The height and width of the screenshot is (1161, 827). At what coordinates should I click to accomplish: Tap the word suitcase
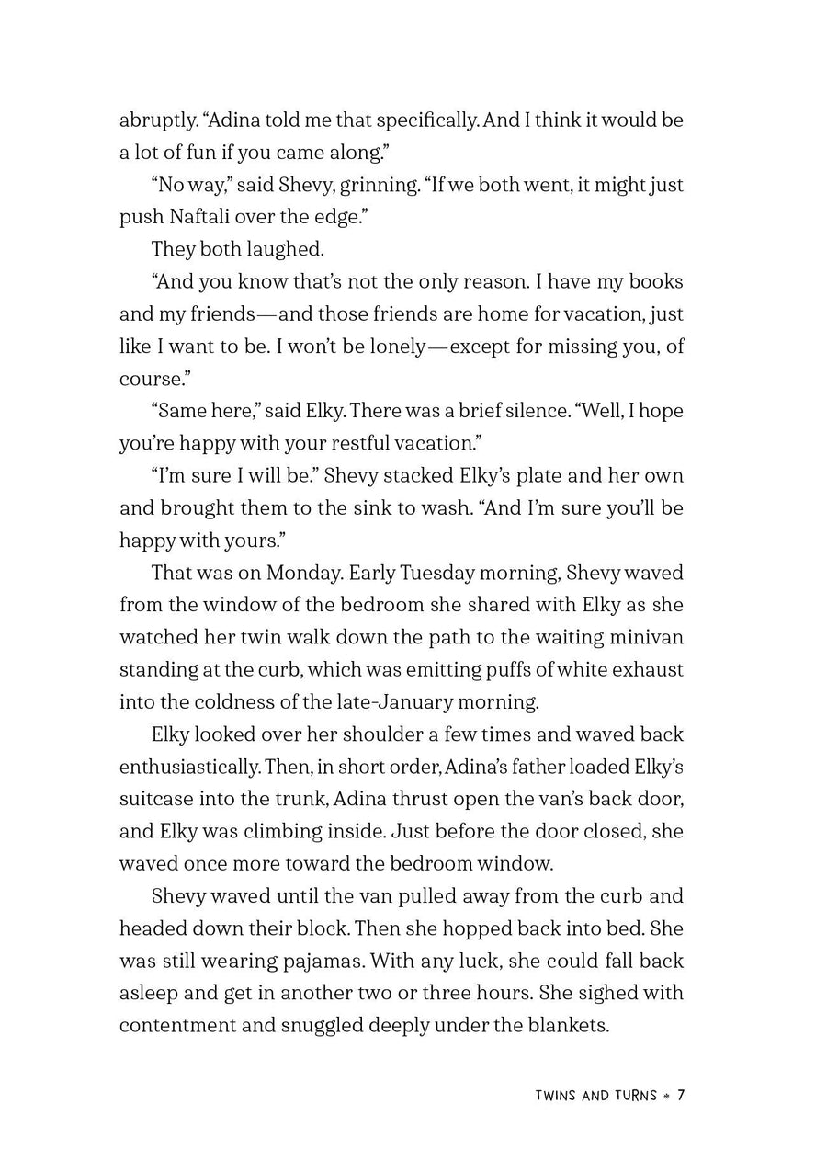click(x=157, y=799)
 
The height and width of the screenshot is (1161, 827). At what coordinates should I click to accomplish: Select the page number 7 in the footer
click(x=681, y=1096)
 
